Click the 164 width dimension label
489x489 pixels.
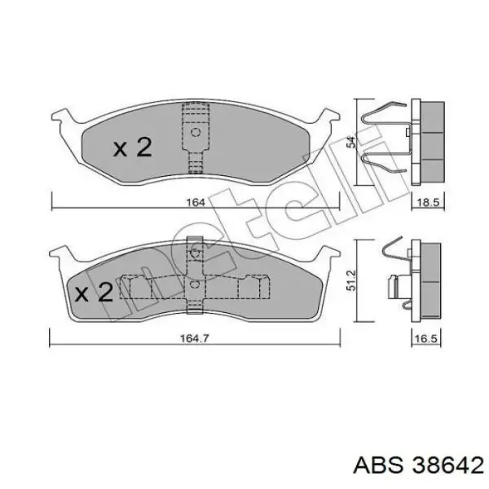coord(196,203)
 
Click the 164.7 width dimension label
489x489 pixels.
coord(194,338)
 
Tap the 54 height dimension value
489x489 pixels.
coord(351,142)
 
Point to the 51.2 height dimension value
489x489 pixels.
coord(350,280)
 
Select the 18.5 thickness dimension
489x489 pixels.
coord(428,203)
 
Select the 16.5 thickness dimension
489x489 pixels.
coord(426,339)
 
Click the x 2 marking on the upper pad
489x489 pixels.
coord(133,148)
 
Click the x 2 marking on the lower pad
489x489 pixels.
coord(94,293)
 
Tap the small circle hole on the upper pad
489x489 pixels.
coord(196,133)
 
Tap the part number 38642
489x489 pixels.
coord(448,466)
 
